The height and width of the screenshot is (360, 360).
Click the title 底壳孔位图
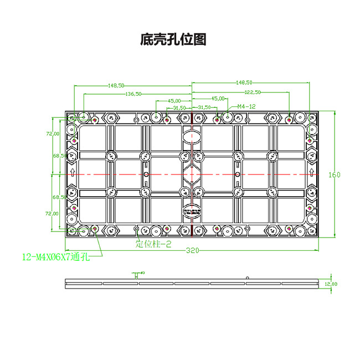(x=173, y=40)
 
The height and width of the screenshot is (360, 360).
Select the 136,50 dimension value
(x=133, y=94)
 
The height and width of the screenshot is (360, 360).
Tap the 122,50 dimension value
(x=252, y=92)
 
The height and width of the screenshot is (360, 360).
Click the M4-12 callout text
(x=246, y=106)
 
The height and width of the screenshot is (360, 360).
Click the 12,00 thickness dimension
(x=331, y=284)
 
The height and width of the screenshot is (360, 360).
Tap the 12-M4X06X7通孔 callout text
(x=55, y=256)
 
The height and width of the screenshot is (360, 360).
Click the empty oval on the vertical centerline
(x=192, y=136)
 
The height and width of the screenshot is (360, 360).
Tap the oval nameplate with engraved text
(x=192, y=213)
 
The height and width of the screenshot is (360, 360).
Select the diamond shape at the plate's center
(x=192, y=174)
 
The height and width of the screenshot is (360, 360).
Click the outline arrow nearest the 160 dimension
(x=312, y=174)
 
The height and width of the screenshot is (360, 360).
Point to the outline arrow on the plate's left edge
(x=71, y=174)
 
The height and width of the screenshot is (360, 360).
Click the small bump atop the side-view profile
(x=247, y=277)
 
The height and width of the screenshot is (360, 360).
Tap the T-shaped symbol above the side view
(x=135, y=275)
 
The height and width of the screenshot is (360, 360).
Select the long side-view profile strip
(x=192, y=284)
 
